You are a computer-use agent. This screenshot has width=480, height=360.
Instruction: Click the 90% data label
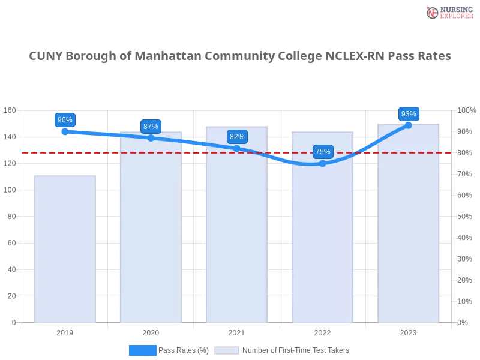(x=65, y=120)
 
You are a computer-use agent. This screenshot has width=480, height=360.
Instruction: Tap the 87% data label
(x=151, y=127)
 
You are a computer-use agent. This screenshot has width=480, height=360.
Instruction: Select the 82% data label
(x=237, y=137)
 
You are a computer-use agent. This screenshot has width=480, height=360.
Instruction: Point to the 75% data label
(x=323, y=152)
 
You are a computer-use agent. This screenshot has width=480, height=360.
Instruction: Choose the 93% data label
(x=409, y=114)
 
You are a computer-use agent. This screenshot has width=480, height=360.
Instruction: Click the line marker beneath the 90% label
(x=65, y=131)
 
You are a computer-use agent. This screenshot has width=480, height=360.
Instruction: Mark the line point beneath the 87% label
(x=151, y=138)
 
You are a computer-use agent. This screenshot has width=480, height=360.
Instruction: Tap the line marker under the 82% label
(x=237, y=148)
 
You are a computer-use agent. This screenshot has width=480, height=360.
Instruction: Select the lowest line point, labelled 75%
(x=323, y=163)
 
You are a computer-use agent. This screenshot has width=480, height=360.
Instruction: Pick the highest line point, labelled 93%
(x=409, y=125)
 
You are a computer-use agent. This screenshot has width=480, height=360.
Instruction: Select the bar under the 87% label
(x=149, y=234)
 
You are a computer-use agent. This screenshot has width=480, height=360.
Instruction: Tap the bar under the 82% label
(x=235, y=234)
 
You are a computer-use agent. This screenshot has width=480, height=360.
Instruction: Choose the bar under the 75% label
(x=322, y=240)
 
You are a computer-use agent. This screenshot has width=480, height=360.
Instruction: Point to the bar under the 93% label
(x=408, y=228)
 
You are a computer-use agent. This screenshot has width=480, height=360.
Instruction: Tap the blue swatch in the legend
(x=143, y=350)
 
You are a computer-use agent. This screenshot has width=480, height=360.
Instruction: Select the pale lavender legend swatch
(x=227, y=350)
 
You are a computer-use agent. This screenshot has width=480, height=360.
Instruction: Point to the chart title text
(x=240, y=56)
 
